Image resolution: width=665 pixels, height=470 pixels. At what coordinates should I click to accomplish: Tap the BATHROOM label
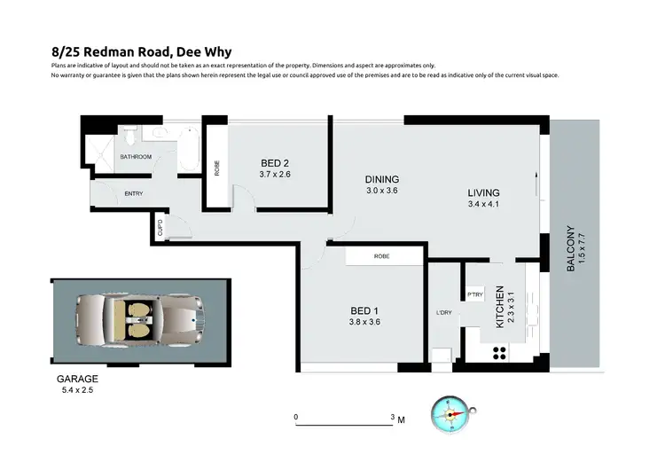[136, 157]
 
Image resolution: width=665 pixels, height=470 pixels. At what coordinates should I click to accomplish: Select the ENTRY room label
[134, 193]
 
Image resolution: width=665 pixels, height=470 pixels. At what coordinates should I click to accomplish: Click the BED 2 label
[276, 162]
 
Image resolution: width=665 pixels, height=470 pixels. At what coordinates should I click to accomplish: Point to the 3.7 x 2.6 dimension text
[276, 175]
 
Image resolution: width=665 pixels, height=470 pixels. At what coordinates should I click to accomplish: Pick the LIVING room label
[484, 192]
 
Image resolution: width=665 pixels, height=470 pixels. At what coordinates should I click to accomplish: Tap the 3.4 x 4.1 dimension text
[484, 206]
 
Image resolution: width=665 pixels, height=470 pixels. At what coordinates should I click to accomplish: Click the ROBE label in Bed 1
[382, 256]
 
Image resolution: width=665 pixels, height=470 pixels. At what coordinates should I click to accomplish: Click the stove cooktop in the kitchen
[498, 351]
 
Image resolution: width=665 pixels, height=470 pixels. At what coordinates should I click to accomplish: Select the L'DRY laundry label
[444, 312]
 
